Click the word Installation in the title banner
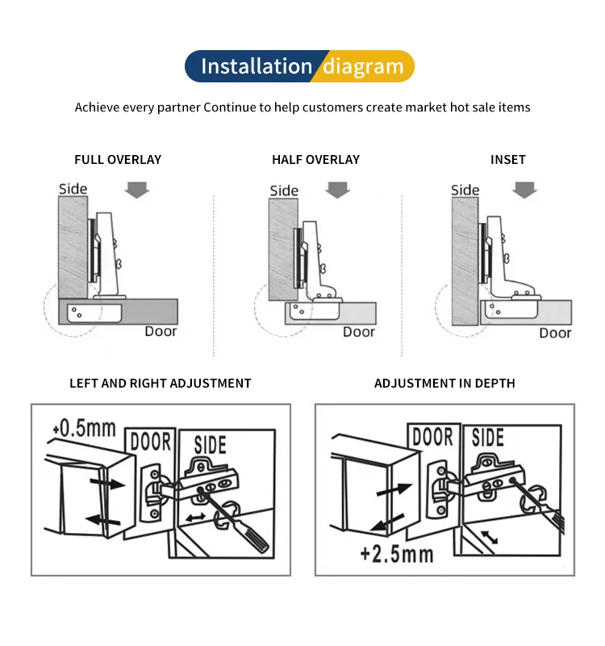click(x=256, y=66)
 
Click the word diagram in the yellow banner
click(x=363, y=66)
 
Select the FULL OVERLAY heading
click(x=118, y=160)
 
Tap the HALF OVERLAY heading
click(x=315, y=160)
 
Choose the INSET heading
click(x=507, y=160)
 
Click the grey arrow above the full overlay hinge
click(x=138, y=190)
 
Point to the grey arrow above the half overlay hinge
click(x=337, y=190)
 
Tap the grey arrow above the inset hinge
click(x=525, y=190)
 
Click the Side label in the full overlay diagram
click(x=73, y=189)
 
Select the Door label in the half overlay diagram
click(x=359, y=332)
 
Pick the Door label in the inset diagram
click(x=555, y=333)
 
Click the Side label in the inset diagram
click(x=465, y=190)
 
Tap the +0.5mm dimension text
click(x=84, y=428)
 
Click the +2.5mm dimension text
click(x=397, y=554)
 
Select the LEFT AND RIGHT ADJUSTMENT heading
click(x=161, y=384)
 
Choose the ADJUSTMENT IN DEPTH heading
click(x=444, y=384)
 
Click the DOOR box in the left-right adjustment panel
click(x=151, y=442)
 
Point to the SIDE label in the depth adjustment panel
click(x=487, y=438)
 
